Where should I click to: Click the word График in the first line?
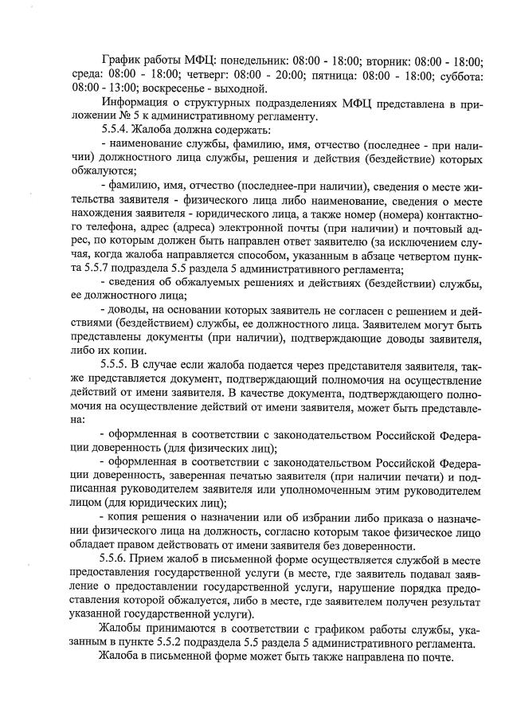122,60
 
